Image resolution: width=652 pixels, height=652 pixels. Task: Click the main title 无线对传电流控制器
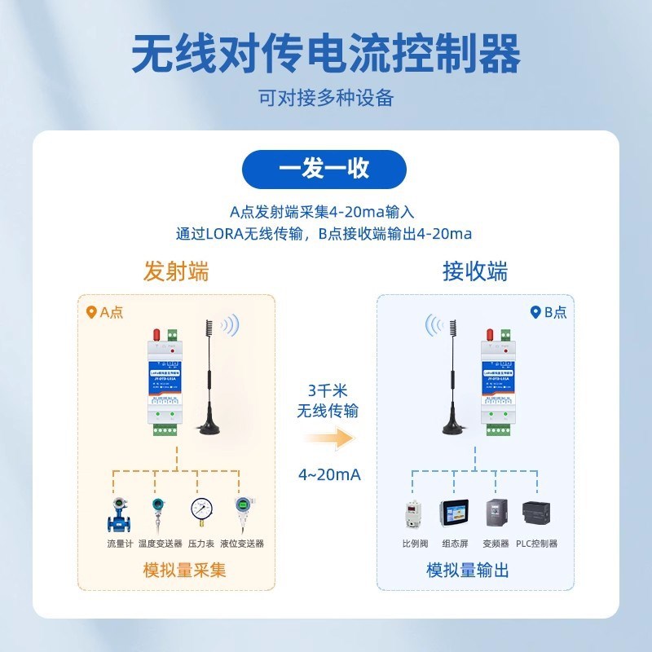pos(326,55)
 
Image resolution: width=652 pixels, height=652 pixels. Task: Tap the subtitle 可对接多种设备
pos(326,99)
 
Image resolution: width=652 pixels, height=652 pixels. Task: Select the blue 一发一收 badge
pos(325,169)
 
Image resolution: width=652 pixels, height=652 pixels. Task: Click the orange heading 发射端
pos(176,271)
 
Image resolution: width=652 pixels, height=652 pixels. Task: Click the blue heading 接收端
pos(475,271)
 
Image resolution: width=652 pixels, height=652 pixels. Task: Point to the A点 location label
pos(105,312)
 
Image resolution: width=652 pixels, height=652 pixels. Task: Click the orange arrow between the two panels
pos(332,439)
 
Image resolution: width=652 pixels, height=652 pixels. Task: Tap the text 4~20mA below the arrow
pos(328,474)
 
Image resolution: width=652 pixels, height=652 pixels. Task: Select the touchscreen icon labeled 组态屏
pos(453,514)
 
